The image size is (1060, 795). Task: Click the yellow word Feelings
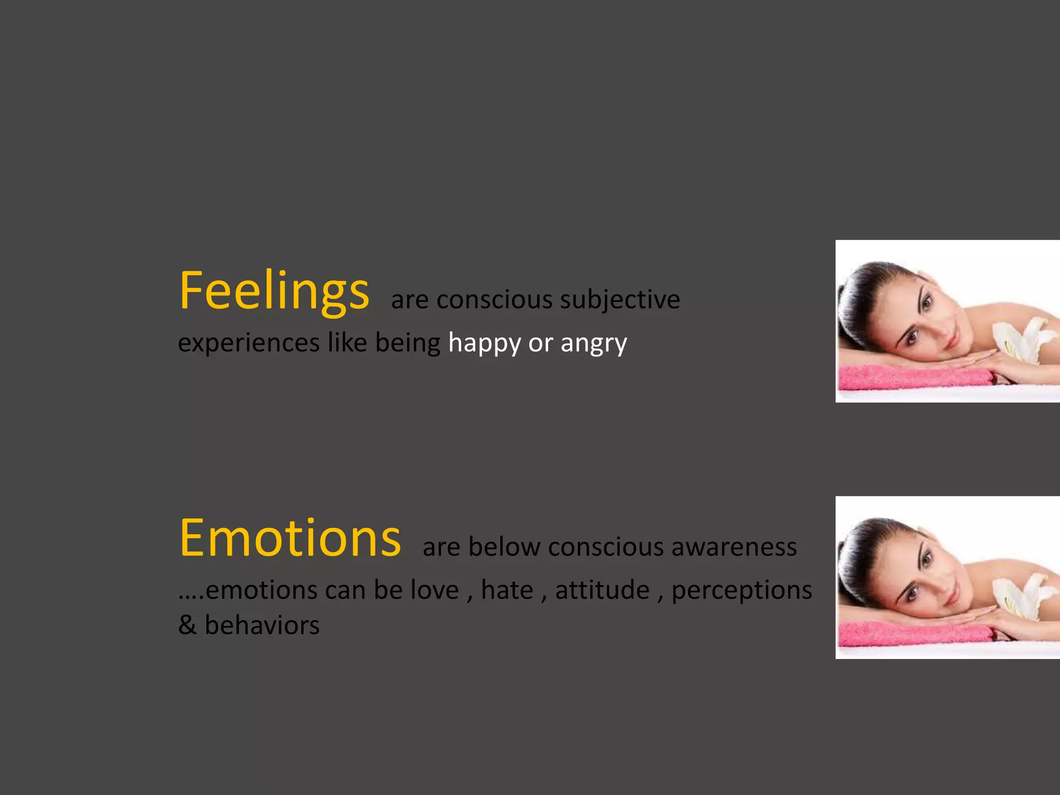[274, 291]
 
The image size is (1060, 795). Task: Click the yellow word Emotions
[290, 538]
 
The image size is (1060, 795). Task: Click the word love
[435, 590]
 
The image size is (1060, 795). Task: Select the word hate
[507, 590]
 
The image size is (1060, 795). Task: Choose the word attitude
[602, 590]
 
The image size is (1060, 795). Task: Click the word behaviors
[262, 625]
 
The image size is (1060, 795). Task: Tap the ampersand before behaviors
[187, 625]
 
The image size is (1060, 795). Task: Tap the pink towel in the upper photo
[911, 378]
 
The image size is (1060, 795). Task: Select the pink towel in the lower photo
[911, 635]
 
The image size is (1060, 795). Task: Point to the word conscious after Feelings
[494, 300]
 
